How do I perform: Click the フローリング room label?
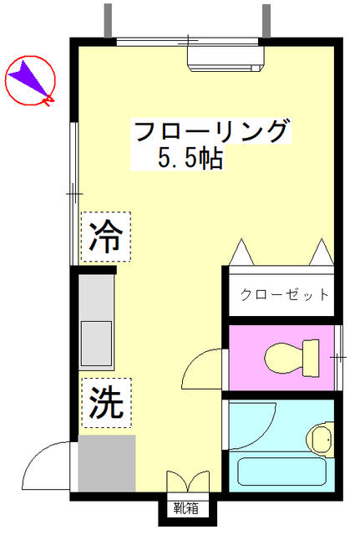[x=212, y=130]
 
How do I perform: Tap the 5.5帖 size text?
[x=190, y=158]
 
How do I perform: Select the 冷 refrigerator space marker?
[x=106, y=237]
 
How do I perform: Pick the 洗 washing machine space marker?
[x=106, y=403]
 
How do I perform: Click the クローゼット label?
[x=284, y=294]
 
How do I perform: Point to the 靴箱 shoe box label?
[x=185, y=508]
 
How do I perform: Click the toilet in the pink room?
[x=292, y=358]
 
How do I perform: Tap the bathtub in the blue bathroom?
[x=281, y=471]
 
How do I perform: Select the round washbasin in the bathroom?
[x=321, y=438]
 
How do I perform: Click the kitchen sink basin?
[x=96, y=344]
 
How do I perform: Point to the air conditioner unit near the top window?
[x=226, y=59]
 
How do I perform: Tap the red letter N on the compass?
[x=48, y=99]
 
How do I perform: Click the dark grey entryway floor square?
[x=107, y=463]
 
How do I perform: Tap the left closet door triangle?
[x=241, y=252]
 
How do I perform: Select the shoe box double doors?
[x=188, y=481]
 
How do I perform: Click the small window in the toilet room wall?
[x=337, y=358]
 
